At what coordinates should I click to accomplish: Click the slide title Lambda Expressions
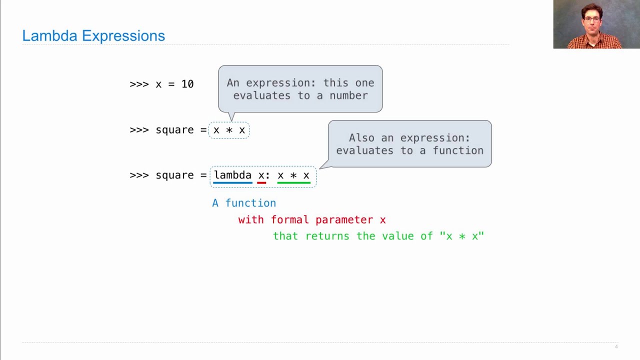pos(93,36)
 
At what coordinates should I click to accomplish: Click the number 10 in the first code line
pos(187,84)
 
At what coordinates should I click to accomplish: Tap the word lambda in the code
pos(232,175)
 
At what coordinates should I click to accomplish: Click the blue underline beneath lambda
pos(232,183)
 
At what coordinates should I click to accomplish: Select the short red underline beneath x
pos(261,183)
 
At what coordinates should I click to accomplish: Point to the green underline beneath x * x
pos(293,183)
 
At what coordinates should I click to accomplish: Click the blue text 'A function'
pos(244,203)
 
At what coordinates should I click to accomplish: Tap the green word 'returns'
pos(327,236)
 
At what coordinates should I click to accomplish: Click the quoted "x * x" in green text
pos(461,236)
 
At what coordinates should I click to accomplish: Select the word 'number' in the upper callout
pos(348,95)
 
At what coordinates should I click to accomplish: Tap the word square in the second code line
pos(174,130)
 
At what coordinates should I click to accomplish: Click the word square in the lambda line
pos(174,175)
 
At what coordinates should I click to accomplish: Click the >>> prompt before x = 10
pos(139,84)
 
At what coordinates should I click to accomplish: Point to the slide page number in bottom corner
pos(616,347)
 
